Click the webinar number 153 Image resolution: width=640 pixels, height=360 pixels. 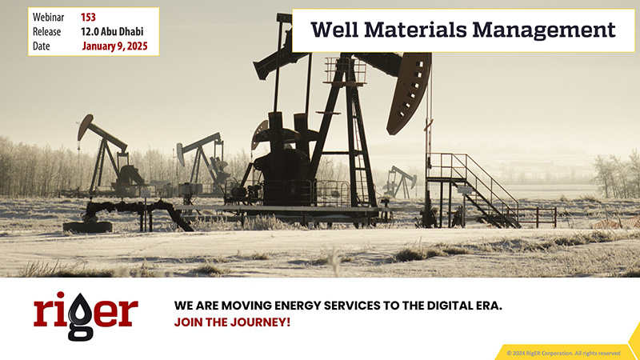coord(88,17)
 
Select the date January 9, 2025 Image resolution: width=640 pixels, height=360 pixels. coord(114,46)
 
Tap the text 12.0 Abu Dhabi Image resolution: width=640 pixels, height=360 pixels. coord(112,31)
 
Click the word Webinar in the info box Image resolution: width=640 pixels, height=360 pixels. coord(48,17)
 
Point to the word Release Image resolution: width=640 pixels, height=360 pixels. coord(46,31)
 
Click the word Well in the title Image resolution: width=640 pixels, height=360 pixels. coord(334,30)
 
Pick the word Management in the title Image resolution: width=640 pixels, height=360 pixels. coord(544,30)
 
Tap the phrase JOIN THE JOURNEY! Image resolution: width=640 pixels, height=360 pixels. coord(232,322)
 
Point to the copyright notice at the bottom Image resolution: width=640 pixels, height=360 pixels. coord(563,353)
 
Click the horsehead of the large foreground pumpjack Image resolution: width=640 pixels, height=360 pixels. coord(409,92)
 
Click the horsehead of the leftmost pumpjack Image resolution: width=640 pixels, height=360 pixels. coord(85,127)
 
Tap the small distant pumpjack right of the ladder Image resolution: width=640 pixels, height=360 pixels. coord(401,182)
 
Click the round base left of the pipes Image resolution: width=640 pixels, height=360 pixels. coord(87,227)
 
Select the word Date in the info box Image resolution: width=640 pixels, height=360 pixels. coord(42,46)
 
